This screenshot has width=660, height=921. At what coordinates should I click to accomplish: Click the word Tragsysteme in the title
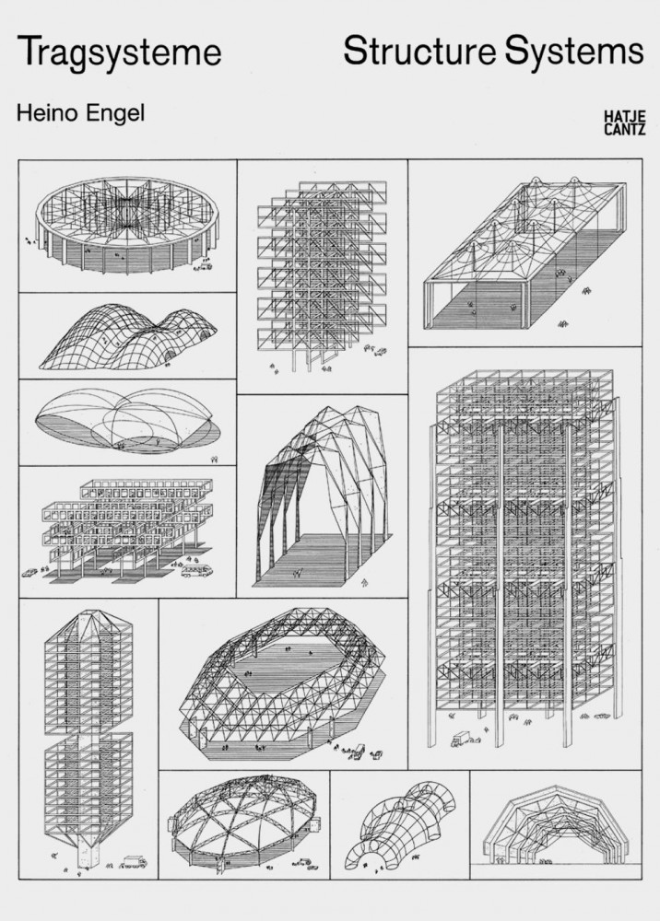(x=119, y=52)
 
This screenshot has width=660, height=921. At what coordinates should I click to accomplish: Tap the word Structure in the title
(x=419, y=51)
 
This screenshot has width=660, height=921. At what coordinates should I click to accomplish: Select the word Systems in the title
(x=574, y=52)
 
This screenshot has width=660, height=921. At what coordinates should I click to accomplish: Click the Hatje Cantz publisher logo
(x=625, y=122)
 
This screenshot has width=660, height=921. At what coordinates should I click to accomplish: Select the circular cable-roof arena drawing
(x=127, y=226)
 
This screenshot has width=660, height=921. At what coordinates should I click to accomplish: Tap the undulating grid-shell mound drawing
(x=128, y=337)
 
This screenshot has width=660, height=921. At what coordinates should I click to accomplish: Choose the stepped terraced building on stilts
(x=127, y=529)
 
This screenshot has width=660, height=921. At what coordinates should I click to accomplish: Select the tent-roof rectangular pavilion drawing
(x=524, y=252)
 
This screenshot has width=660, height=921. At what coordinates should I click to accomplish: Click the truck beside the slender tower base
(x=134, y=862)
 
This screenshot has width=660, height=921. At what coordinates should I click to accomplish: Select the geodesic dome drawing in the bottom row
(x=244, y=822)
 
